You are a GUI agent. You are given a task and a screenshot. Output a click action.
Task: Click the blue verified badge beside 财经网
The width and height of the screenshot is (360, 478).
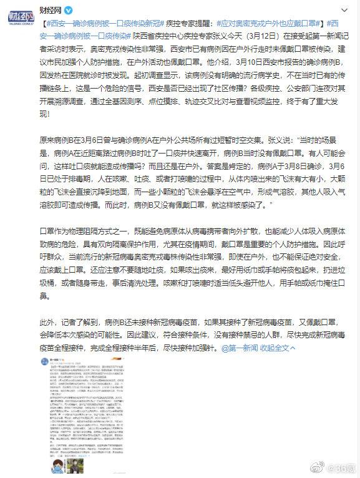click(69, 11)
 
